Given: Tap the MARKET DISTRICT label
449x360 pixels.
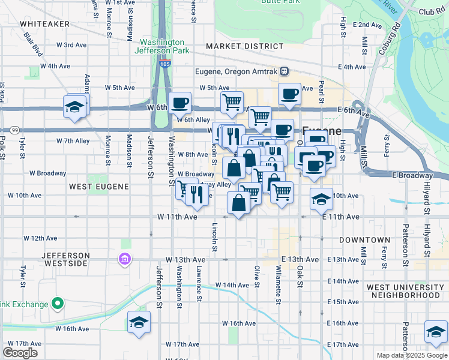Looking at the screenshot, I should [x=244, y=46].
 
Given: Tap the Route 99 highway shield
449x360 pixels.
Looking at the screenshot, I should [x=14, y=130].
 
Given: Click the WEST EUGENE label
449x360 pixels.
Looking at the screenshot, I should [x=99, y=187].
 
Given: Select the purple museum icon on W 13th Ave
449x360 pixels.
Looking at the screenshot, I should [x=124, y=259].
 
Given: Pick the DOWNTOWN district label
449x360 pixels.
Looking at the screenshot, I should [x=365, y=240].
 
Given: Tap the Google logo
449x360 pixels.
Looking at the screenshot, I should [x=20, y=352].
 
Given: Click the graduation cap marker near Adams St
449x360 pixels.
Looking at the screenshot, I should [x=76, y=106].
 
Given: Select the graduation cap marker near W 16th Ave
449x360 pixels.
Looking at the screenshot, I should [x=139, y=322].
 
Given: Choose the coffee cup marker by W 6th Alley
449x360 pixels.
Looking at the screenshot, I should [x=179, y=103].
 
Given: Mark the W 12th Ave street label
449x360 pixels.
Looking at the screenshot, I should [x=41, y=238].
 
